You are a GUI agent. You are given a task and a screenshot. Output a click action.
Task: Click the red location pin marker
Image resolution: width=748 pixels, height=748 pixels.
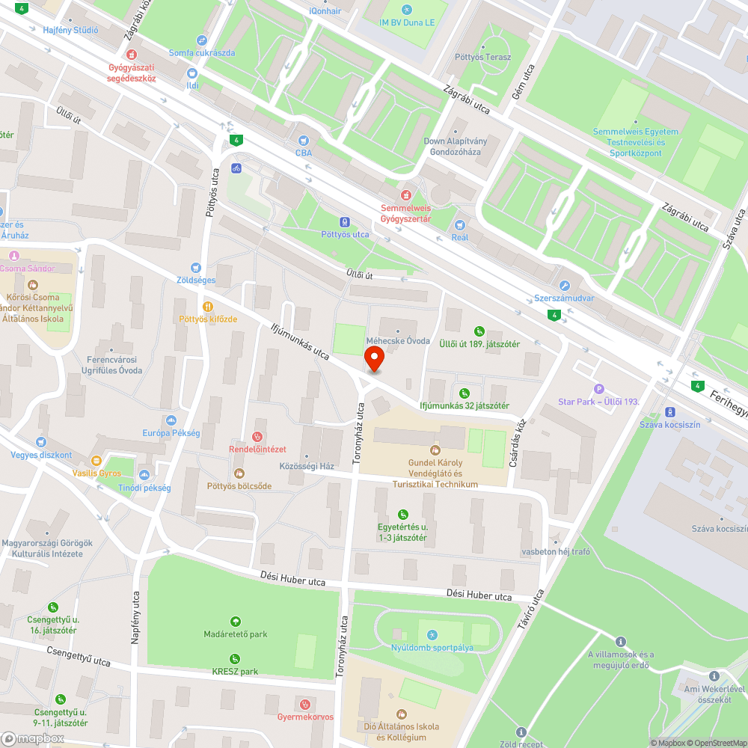[373, 358]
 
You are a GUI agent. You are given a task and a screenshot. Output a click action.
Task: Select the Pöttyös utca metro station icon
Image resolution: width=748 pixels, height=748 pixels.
[345, 221]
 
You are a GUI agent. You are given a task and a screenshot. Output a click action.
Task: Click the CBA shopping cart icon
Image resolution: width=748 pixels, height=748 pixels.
[303, 140]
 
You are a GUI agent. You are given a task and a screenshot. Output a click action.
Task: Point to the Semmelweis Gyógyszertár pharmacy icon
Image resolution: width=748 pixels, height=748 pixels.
[406, 194]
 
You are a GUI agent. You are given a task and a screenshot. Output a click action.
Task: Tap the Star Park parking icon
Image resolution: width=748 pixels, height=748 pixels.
[598, 389]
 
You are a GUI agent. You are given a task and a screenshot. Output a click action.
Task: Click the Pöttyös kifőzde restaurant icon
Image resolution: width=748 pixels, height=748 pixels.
[207, 306]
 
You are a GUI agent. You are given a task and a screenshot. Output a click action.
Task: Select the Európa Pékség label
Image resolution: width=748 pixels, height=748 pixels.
[171, 433]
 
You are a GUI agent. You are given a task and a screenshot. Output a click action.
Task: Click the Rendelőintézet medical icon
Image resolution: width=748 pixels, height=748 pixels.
[257, 436]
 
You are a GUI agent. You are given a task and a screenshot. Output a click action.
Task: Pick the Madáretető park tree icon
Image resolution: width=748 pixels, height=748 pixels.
[236, 621]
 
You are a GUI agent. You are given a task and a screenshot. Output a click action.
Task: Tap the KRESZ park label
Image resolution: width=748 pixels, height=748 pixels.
[235, 671]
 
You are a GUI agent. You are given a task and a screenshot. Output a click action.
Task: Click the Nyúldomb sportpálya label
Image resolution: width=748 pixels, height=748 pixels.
[432, 648]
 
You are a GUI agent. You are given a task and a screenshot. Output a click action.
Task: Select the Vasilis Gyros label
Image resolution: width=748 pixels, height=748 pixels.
[96, 473]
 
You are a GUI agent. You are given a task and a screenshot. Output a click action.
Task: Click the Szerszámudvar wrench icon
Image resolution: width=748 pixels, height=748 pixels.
[565, 285]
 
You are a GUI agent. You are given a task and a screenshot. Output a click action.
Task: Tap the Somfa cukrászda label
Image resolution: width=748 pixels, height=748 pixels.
[202, 52]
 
